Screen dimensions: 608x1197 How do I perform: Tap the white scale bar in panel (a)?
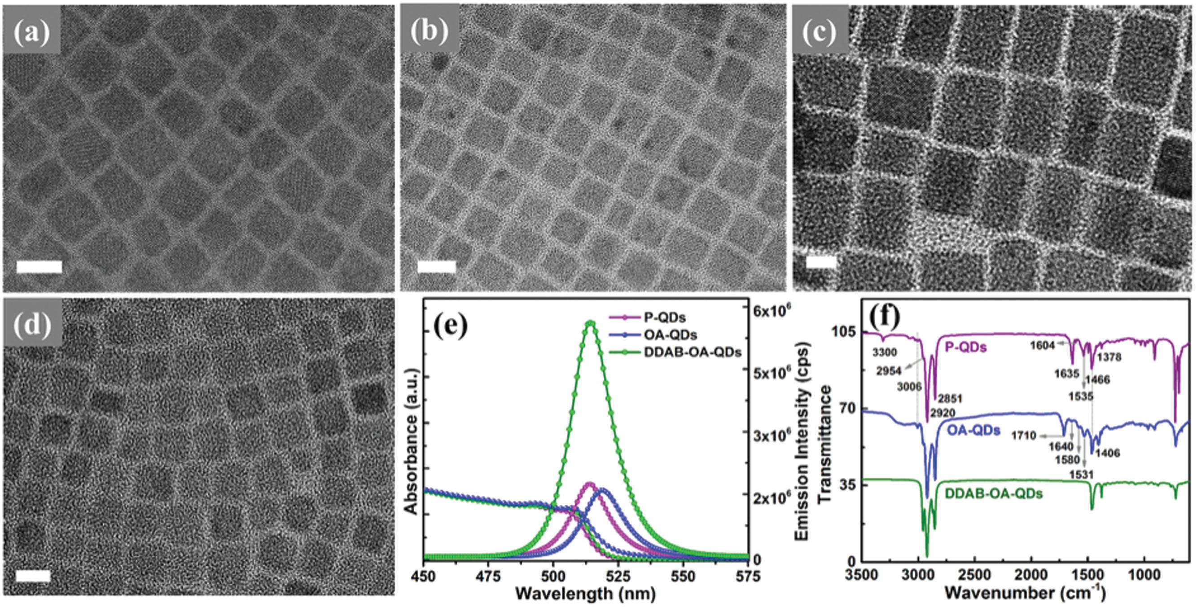[39, 267]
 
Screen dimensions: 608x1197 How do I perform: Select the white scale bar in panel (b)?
[436, 267]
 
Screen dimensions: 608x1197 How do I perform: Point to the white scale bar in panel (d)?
[33, 576]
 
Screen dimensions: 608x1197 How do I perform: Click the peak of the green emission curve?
[590, 323]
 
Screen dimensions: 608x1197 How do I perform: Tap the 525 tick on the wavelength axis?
[618, 577]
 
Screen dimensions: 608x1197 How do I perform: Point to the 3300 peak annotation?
[884, 353]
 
